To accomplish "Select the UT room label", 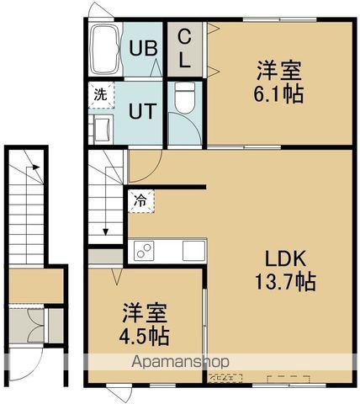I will tap(140, 109).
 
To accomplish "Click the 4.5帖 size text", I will tap(147, 336).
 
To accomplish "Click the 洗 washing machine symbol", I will tap(100, 95).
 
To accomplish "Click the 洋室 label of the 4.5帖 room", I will tap(148, 313).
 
